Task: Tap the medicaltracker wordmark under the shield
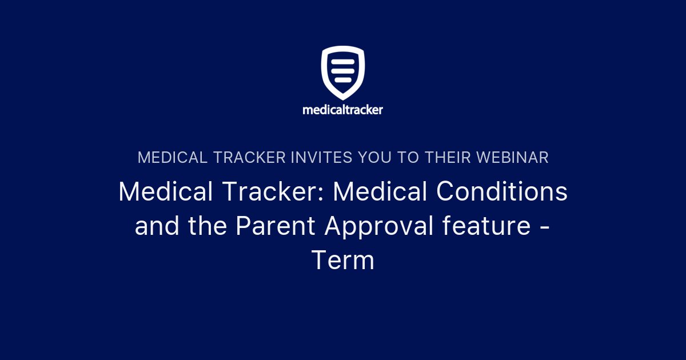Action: click(x=343, y=109)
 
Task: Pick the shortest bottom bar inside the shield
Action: click(x=343, y=79)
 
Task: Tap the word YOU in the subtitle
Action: click(x=377, y=158)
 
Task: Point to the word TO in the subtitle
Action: click(x=409, y=158)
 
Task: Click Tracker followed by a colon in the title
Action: click(x=268, y=193)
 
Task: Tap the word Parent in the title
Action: click(x=275, y=227)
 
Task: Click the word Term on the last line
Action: click(x=343, y=261)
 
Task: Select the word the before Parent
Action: click(x=208, y=227)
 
